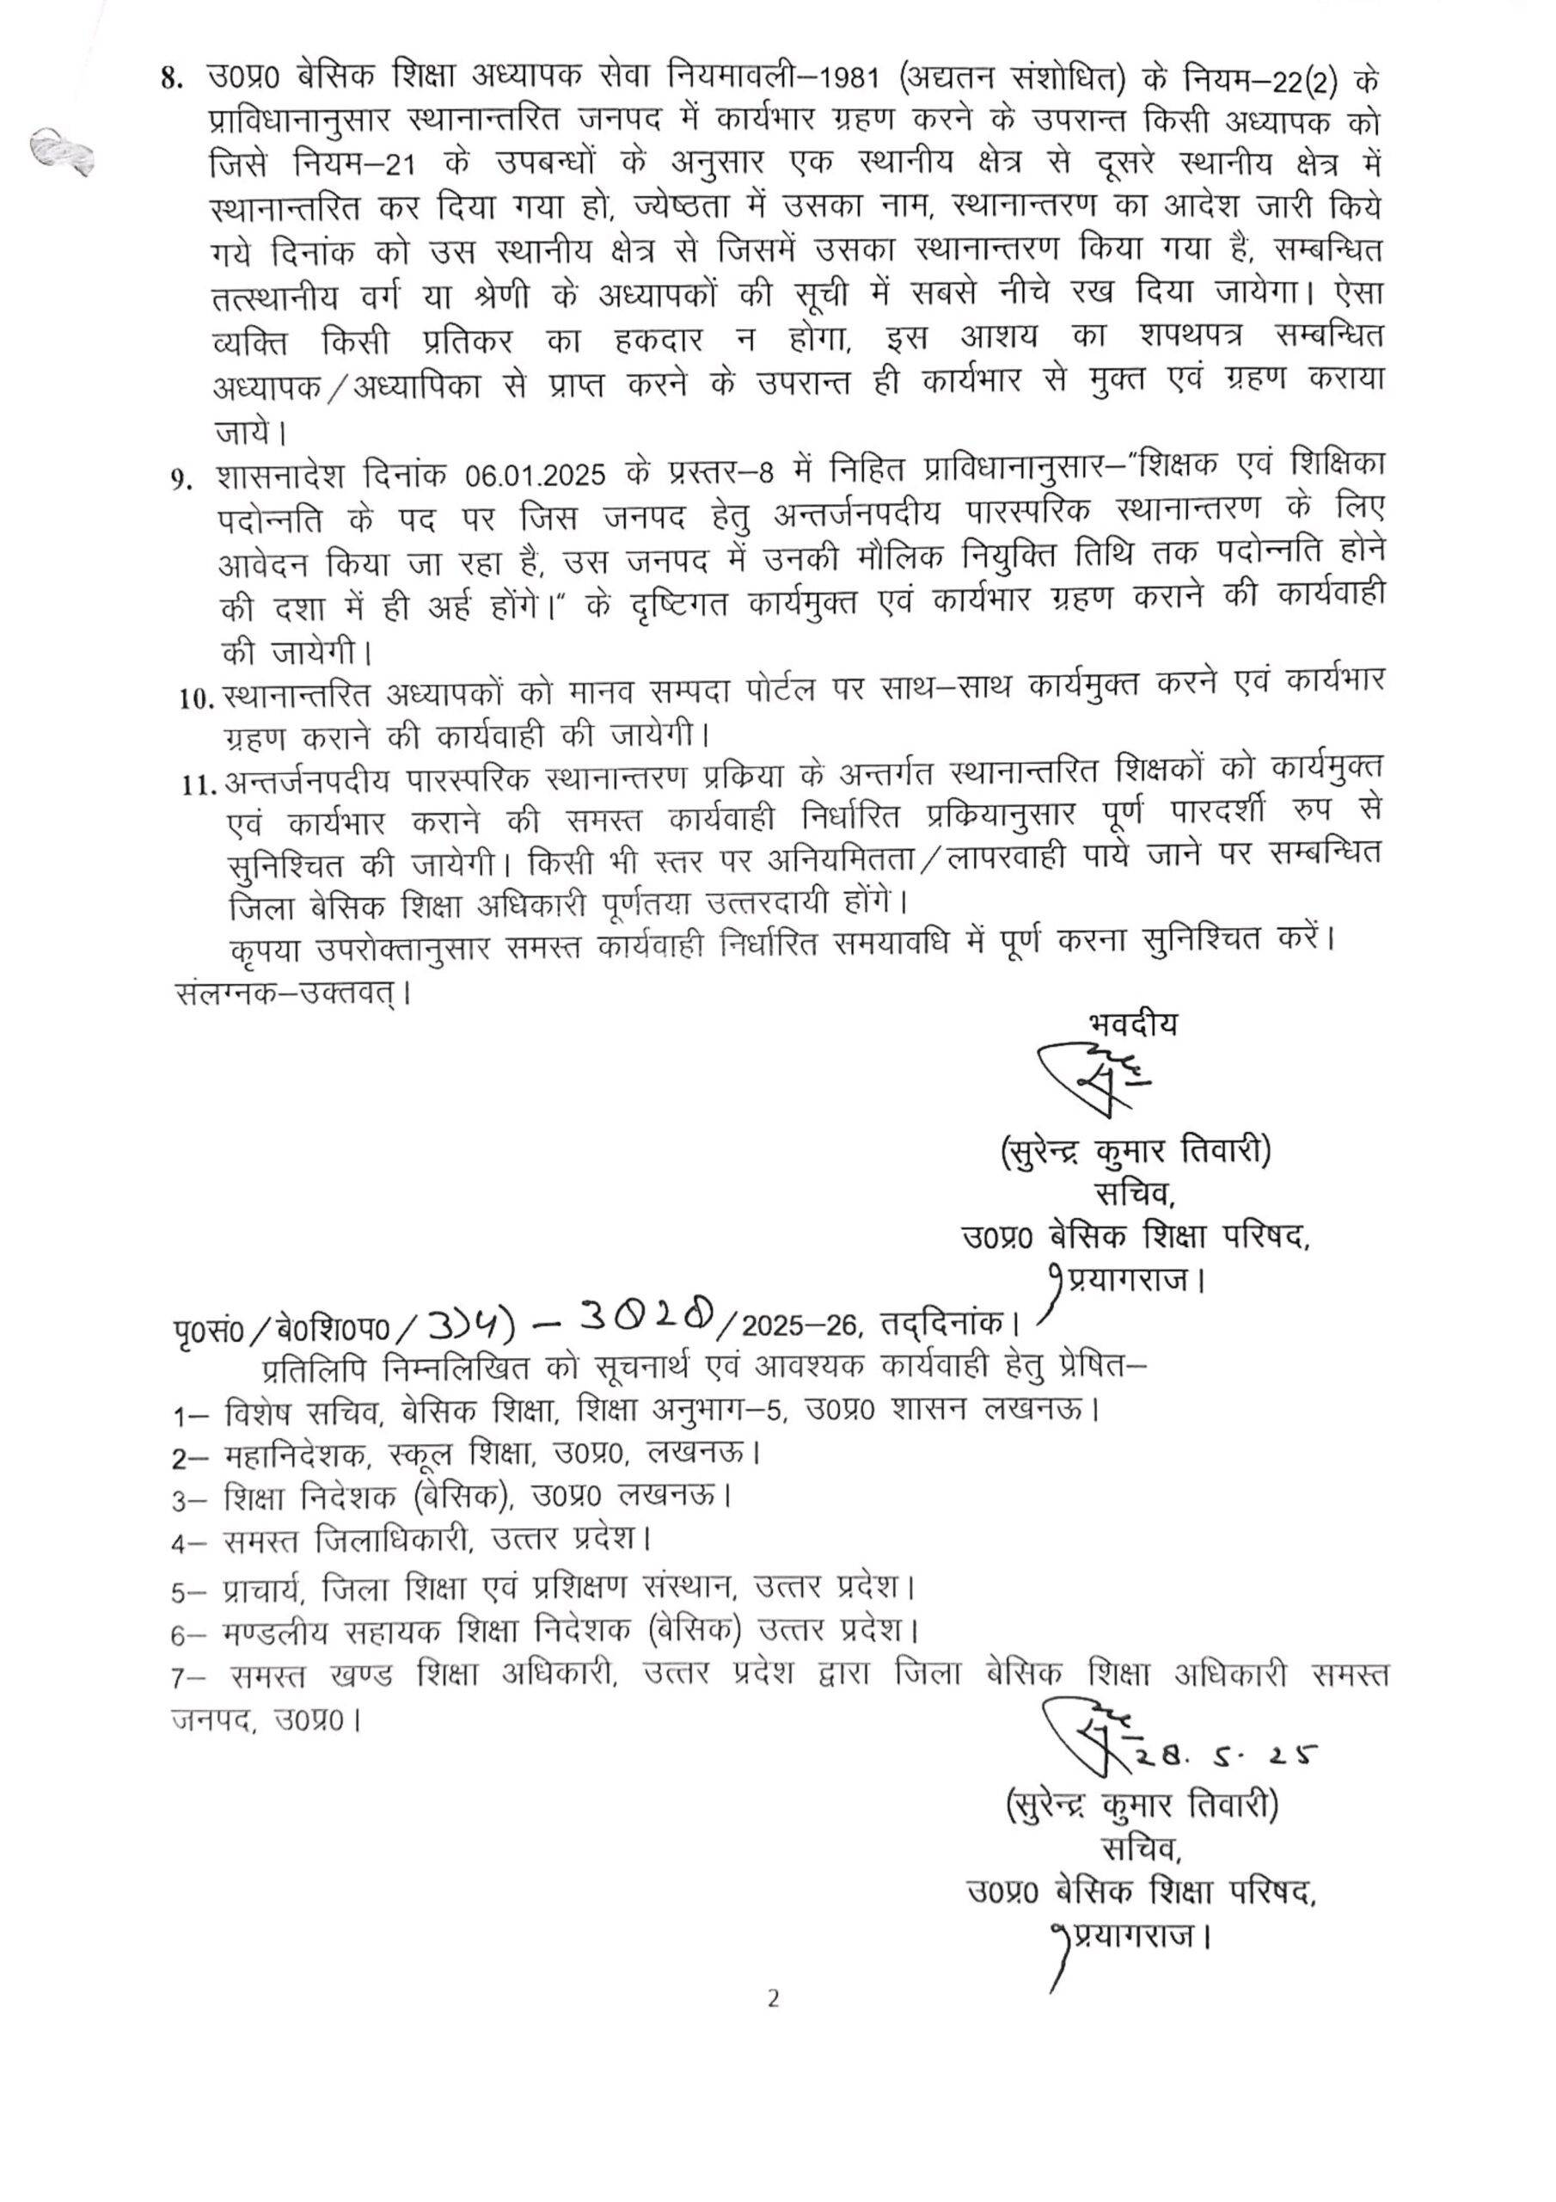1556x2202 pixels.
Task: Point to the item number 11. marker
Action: point(199,785)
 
